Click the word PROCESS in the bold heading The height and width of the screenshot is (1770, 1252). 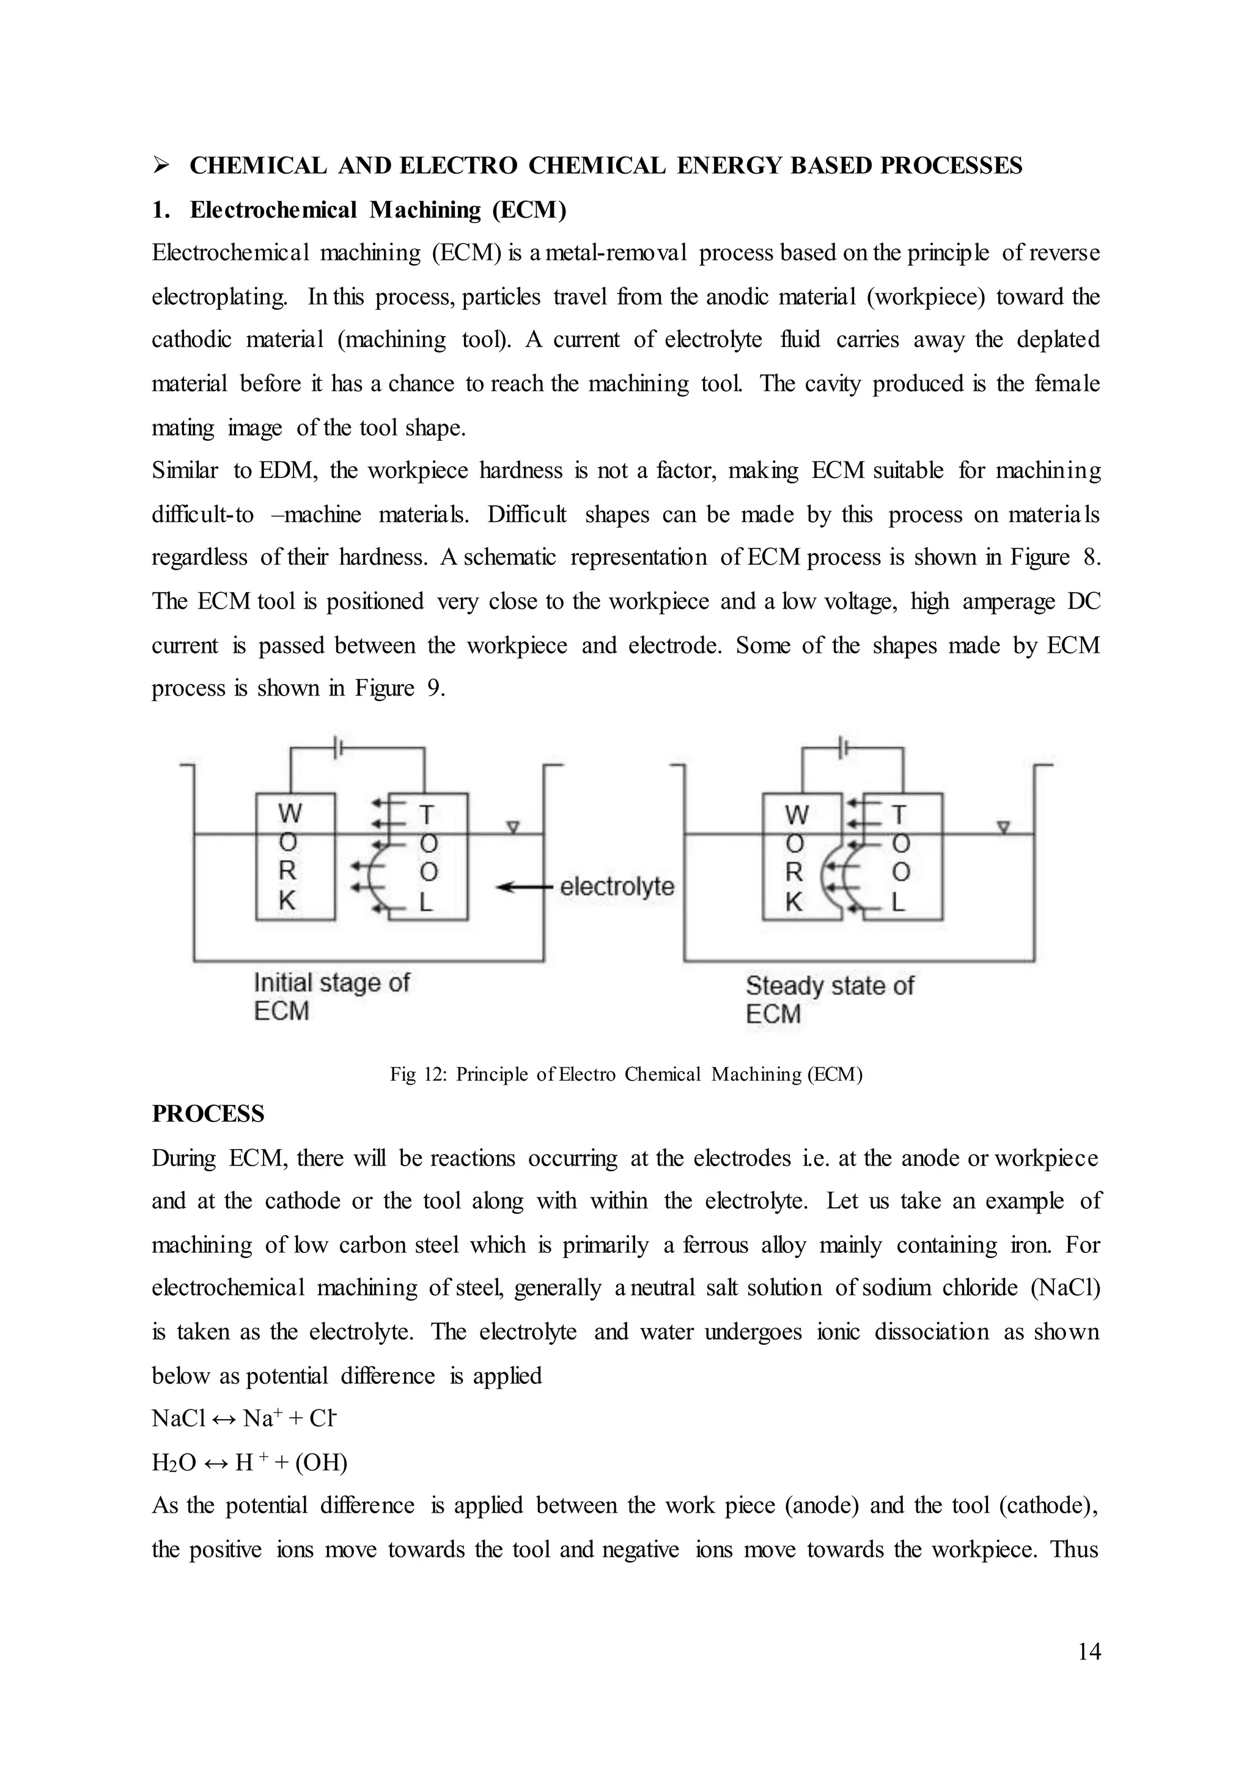207,1114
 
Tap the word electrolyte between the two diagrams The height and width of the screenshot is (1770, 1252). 617,887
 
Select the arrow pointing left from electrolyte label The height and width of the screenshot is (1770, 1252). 525,887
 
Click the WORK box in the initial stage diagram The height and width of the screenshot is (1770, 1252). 295,856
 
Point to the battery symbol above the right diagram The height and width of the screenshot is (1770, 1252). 845,747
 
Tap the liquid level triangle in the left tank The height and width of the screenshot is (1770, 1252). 513,827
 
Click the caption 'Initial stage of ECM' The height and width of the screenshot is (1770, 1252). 331,996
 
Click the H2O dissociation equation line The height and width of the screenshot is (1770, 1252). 249,1463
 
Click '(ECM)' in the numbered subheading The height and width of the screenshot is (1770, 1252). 529,210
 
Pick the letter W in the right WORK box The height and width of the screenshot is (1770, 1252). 797,814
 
